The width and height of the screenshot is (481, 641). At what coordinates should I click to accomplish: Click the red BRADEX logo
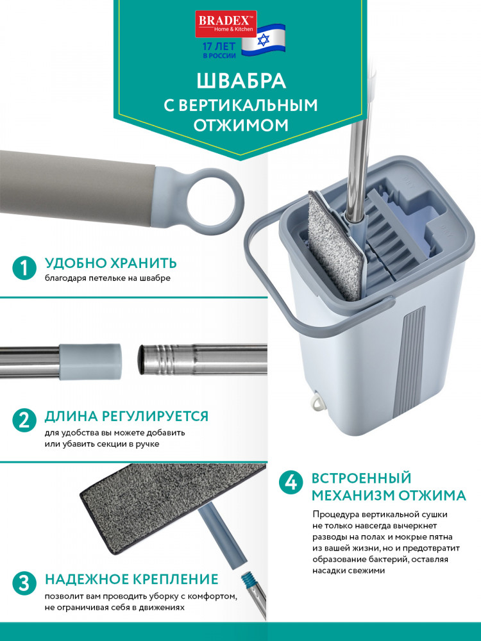tap(226, 24)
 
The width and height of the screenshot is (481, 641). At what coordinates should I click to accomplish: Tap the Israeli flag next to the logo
tap(263, 40)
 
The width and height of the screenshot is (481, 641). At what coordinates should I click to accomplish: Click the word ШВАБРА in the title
tap(241, 81)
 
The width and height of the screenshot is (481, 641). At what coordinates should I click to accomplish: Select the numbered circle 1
tap(24, 268)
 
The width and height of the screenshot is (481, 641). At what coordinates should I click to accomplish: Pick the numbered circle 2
tap(24, 420)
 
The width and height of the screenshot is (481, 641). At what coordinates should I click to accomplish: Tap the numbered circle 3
tap(24, 583)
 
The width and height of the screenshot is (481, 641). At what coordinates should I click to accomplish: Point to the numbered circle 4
tap(291, 484)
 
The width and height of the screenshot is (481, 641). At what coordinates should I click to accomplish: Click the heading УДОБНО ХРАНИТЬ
tap(110, 263)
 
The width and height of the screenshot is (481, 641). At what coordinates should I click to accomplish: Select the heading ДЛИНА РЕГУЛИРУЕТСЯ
tap(126, 416)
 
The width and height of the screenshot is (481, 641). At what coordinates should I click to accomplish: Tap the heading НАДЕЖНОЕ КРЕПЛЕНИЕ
tap(131, 579)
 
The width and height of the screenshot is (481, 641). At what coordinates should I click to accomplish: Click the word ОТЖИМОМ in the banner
tap(241, 125)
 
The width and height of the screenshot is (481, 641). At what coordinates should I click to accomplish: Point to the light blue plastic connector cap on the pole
tap(90, 362)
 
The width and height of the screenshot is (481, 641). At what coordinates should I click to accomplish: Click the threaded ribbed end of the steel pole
tap(160, 360)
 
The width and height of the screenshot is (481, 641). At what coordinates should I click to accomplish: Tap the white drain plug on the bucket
tap(317, 401)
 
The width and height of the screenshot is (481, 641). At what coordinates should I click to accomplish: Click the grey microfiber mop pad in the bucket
tap(334, 245)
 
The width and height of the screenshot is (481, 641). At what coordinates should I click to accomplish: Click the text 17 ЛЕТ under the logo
tap(219, 47)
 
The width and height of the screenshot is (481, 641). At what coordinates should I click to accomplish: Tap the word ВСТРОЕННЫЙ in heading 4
tap(361, 478)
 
